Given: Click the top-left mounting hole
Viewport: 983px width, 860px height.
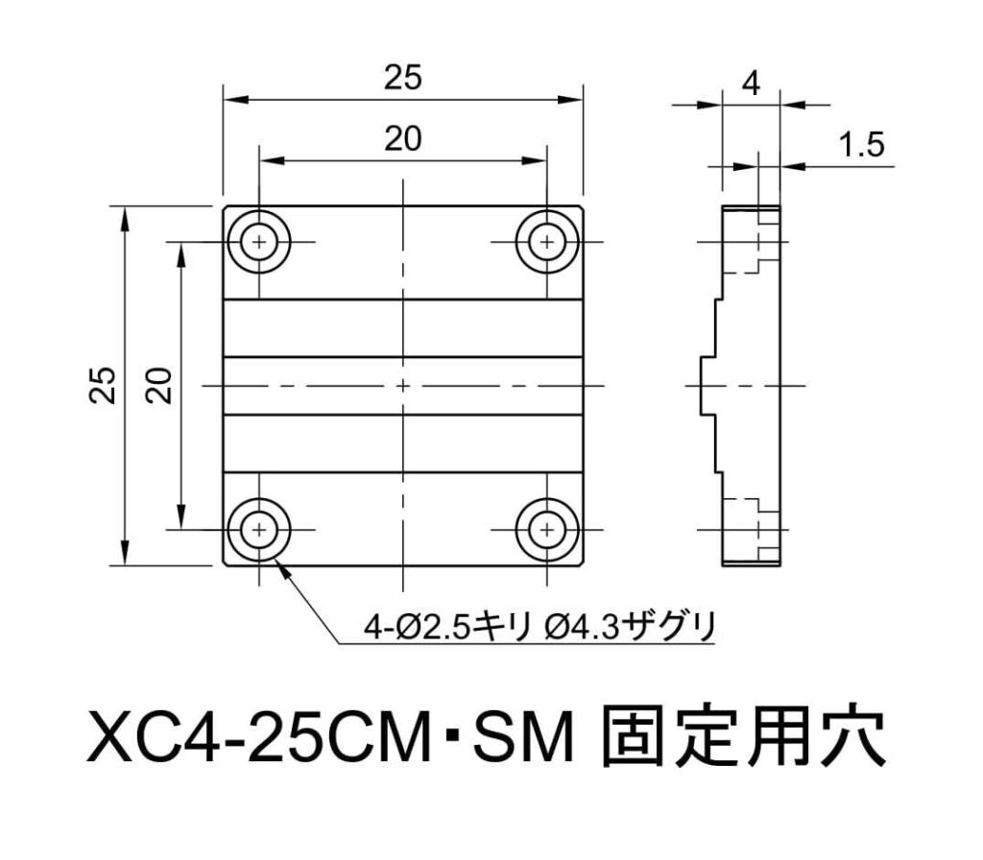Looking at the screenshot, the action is click(x=259, y=242).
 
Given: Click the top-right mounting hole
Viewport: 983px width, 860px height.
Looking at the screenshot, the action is click(x=547, y=242).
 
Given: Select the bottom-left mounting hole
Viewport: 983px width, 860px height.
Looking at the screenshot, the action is click(x=259, y=530).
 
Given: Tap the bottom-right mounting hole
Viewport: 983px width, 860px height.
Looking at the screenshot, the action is click(x=547, y=530).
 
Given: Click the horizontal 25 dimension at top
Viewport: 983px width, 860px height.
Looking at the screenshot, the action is click(x=403, y=78).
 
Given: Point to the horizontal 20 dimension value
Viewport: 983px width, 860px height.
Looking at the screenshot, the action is click(x=403, y=138).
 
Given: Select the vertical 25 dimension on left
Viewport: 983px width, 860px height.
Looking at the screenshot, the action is click(x=104, y=385).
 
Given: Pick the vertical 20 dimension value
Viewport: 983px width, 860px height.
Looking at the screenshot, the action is click(x=159, y=385).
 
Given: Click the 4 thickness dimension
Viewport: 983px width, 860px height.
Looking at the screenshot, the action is click(x=751, y=83).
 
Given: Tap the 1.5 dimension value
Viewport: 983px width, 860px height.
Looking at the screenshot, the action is click(x=861, y=145).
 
